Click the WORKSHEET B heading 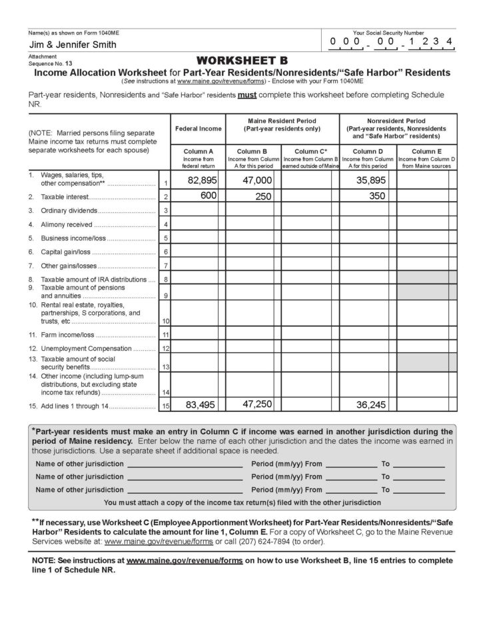pos(242,61)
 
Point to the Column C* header pos(310,151)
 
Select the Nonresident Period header pos(398,120)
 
